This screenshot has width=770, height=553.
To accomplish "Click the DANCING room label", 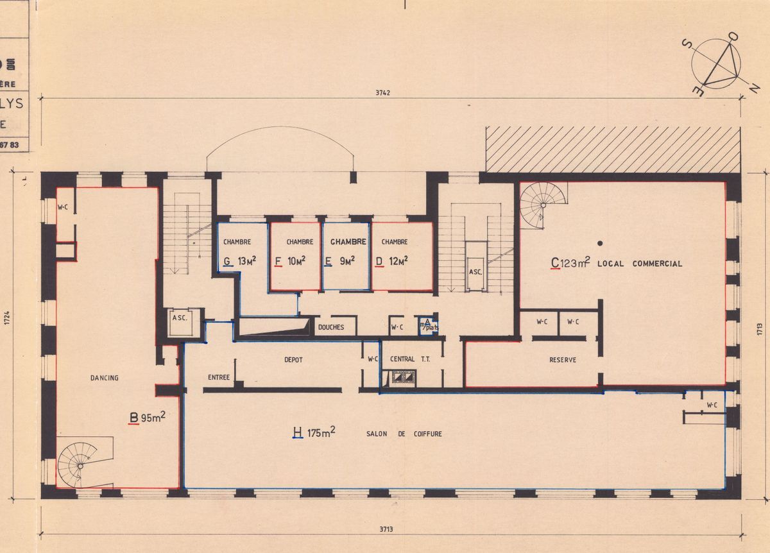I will tap(104, 378).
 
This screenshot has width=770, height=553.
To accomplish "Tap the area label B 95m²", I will tap(148, 419).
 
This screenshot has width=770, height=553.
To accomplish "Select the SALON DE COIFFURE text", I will tap(404, 434).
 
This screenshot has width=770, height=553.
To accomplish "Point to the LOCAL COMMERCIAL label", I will tap(639, 264).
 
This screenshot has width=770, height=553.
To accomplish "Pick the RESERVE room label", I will tap(563, 360).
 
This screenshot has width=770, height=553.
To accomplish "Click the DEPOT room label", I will tap(293, 360).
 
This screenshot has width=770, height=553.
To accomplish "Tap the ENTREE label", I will tap(219, 377).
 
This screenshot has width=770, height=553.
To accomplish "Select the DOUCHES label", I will tap(331, 327).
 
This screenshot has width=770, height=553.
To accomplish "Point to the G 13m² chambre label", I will tap(237, 261).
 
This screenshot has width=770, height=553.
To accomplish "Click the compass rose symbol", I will tap(716, 64).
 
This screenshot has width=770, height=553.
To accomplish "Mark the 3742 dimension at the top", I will tap(383, 92).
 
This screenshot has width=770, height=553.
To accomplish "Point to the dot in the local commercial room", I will tap(600, 242).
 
